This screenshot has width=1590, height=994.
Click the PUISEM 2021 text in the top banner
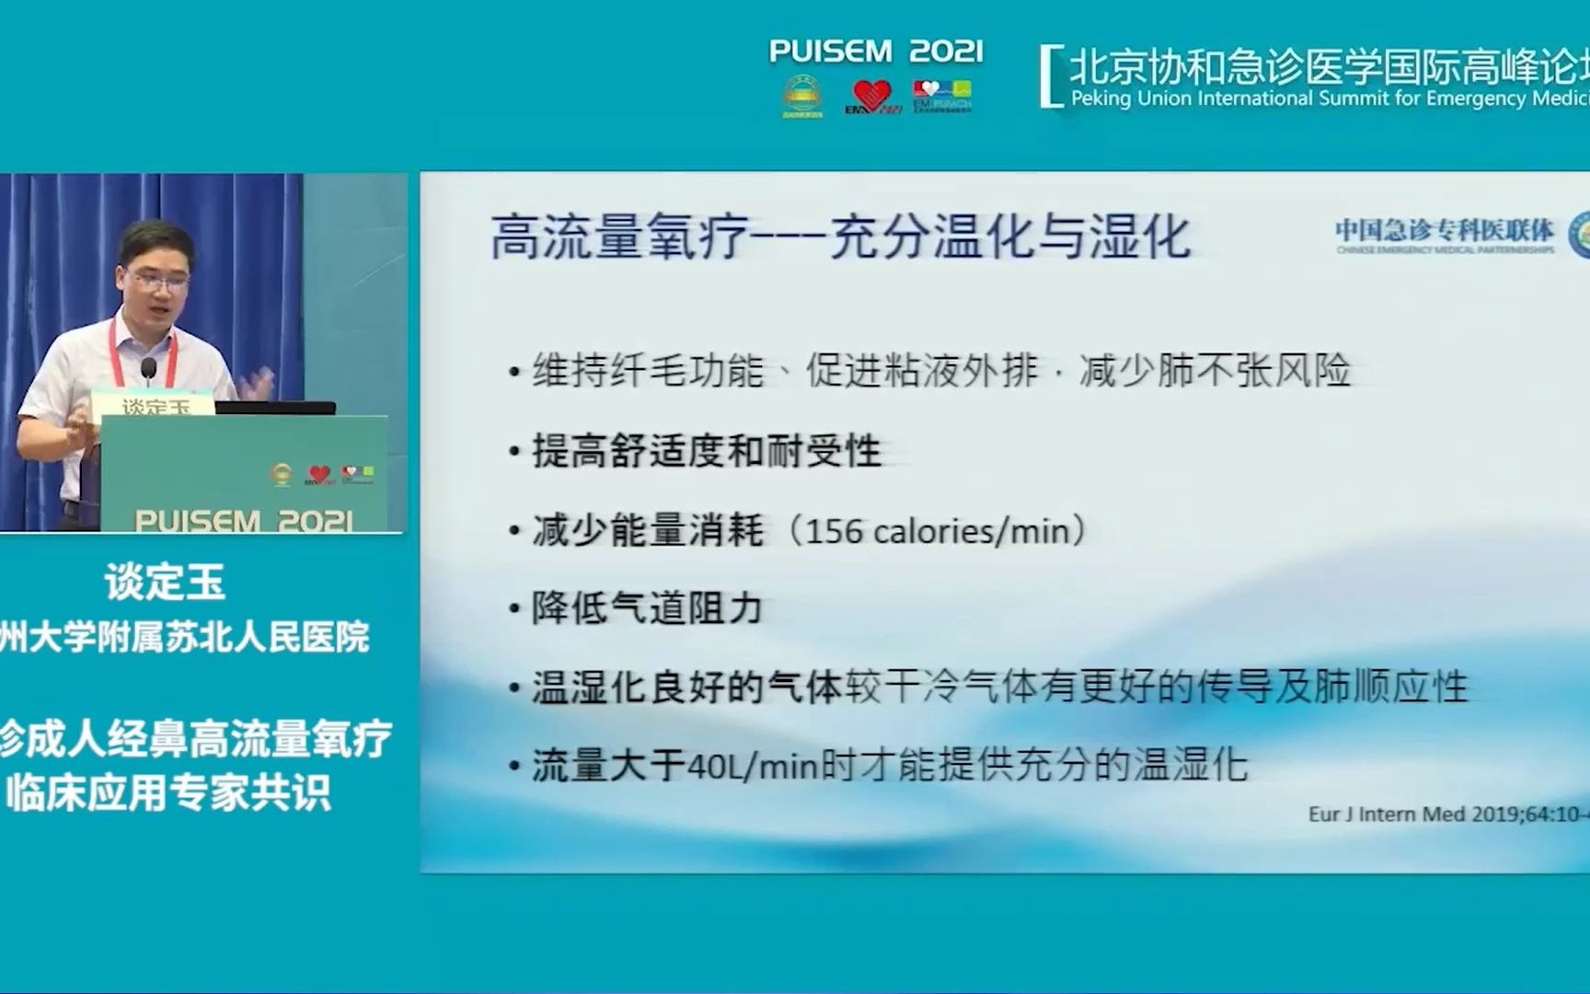click(875, 51)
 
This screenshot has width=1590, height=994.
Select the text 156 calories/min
click(938, 531)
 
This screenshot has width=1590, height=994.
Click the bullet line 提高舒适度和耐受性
click(706, 452)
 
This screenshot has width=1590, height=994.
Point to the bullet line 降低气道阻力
click(647, 608)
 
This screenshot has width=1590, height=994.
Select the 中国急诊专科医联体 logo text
click(1444, 230)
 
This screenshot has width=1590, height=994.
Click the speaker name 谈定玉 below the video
click(165, 582)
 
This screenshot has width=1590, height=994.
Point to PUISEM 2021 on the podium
click(243, 521)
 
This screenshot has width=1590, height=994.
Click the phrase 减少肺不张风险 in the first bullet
click(1215, 371)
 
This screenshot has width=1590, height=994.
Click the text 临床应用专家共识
click(167, 793)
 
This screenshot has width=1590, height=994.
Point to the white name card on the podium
click(154, 406)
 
